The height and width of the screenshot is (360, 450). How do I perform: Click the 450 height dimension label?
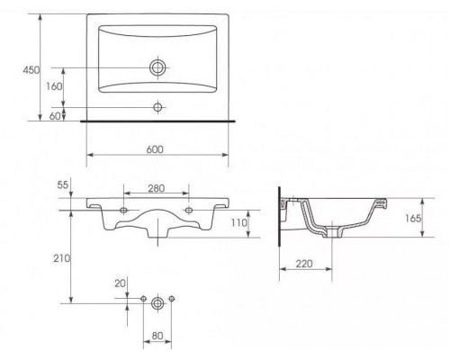click(x=31, y=70)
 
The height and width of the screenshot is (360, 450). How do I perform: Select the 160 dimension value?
click(x=54, y=86)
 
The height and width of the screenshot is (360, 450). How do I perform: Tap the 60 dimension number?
click(x=55, y=116)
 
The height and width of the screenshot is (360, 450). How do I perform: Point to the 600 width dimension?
click(x=155, y=149)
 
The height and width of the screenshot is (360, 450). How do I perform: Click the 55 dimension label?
click(x=63, y=185)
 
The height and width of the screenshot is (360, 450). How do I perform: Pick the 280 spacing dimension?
click(x=157, y=188)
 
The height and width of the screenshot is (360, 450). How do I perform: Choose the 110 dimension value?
click(x=239, y=222)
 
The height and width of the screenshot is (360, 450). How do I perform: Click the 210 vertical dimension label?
click(x=62, y=258)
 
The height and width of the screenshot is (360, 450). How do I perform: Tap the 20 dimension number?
click(x=121, y=283)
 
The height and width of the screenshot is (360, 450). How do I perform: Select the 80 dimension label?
click(x=157, y=336)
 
